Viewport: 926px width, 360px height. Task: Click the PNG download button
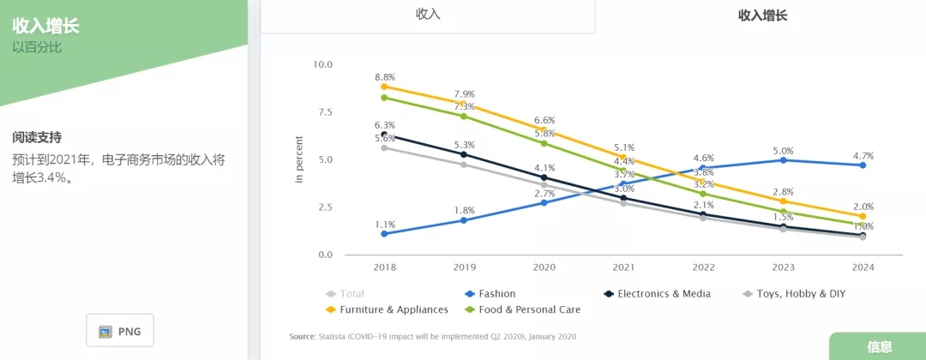(120, 331)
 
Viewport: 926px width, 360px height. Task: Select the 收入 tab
(427, 14)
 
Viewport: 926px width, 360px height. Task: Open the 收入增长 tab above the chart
(762, 15)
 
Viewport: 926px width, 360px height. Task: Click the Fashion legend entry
(496, 294)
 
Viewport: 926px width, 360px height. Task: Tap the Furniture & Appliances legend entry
(394, 309)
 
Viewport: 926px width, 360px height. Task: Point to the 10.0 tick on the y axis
(322, 64)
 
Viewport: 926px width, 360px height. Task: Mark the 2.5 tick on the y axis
(324, 207)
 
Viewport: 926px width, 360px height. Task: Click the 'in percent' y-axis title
(299, 159)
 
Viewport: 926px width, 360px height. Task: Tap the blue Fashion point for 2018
(384, 234)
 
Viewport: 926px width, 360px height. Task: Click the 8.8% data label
(385, 77)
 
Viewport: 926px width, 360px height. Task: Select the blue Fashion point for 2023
(783, 160)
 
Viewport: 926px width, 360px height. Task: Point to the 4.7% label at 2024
(863, 156)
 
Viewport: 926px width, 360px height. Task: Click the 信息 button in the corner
(879, 347)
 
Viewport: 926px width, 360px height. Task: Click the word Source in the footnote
(304, 336)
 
